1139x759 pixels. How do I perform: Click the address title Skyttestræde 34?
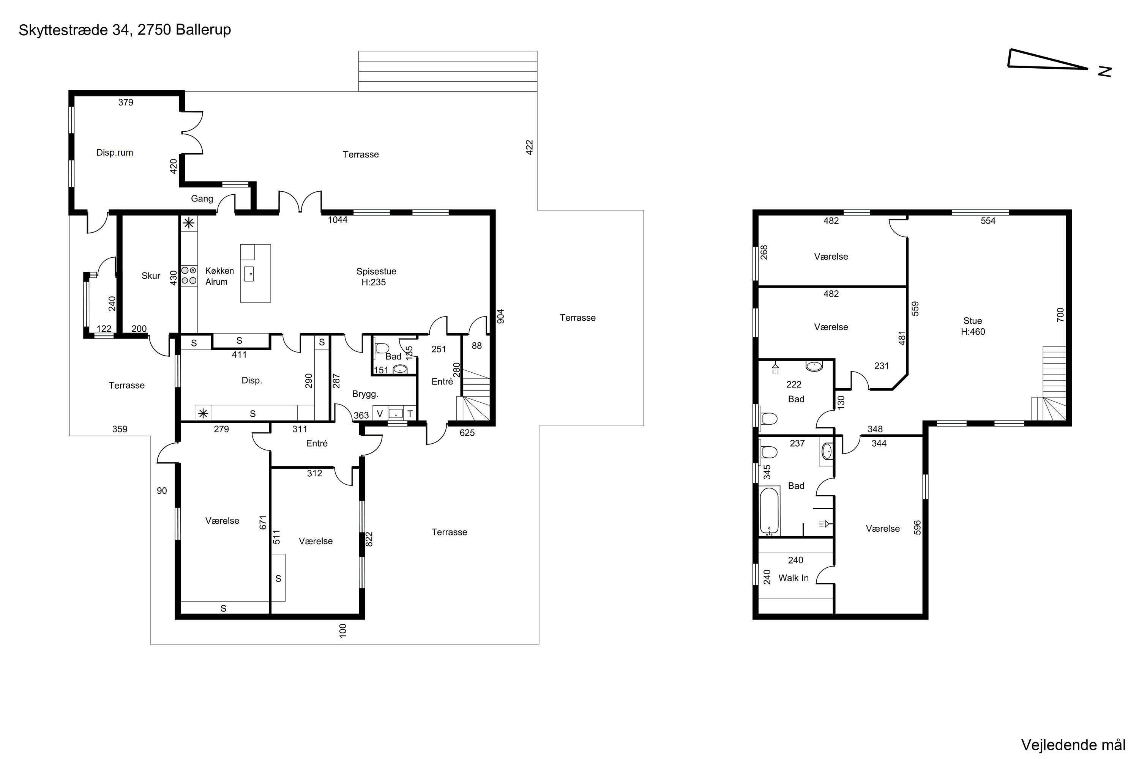(74, 30)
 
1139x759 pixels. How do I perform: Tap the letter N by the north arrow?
(1104, 72)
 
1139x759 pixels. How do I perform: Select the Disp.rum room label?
(115, 153)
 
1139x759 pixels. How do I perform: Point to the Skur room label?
(151, 276)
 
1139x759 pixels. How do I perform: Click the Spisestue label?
(376, 272)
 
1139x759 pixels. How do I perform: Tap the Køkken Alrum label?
(219, 276)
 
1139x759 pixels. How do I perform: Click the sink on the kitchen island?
(249, 274)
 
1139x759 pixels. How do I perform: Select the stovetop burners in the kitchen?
(189, 275)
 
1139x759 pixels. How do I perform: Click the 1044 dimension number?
(338, 220)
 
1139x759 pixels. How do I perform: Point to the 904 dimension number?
(501, 317)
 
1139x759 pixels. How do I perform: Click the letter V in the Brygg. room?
(380, 413)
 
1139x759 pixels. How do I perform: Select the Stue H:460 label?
(973, 326)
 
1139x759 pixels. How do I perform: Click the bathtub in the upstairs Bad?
(769, 511)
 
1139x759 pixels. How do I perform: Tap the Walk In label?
(793, 578)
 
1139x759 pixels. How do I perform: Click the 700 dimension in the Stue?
(1060, 315)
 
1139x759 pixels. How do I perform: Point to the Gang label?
(202, 198)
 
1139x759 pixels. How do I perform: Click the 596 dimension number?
(917, 528)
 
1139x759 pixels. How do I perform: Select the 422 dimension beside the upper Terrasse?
(529, 148)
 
